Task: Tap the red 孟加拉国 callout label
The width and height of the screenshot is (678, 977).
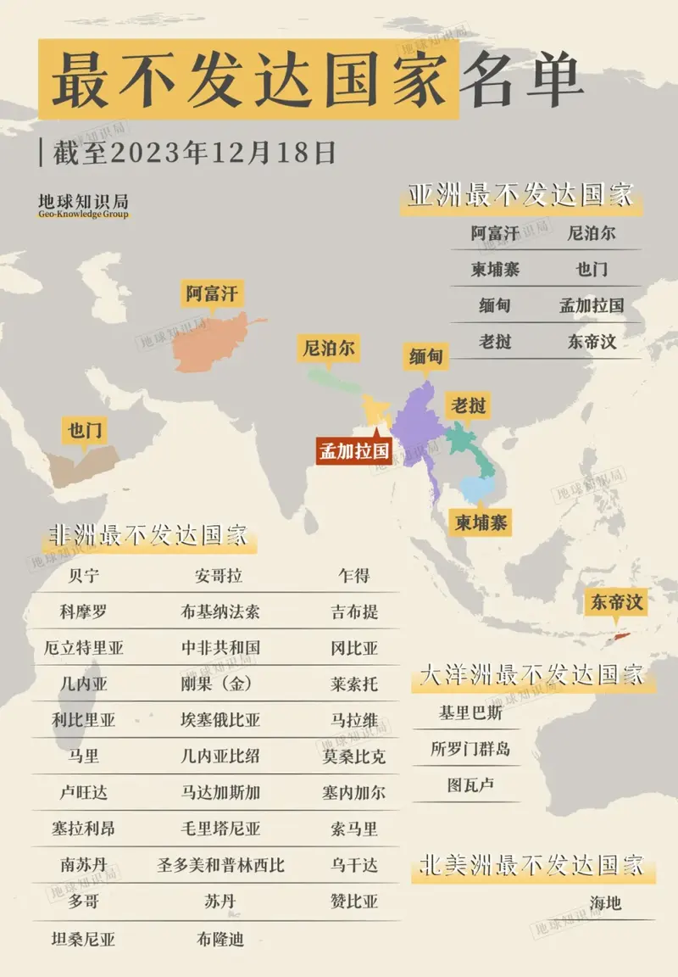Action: pyautogui.click(x=353, y=450)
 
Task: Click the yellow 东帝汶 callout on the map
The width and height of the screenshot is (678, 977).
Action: pyautogui.click(x=617, y=603)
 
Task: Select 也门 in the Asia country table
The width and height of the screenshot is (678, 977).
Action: pyautogui.click(x=592, y=270)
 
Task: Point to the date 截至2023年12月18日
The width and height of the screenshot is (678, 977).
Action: pyautogui.click(x=194, y=153)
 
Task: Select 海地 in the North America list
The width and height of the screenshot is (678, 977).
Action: pyautogui.click(x=605, y=902)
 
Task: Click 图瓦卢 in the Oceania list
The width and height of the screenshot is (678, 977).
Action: pyautogui.click(x=470, y=785)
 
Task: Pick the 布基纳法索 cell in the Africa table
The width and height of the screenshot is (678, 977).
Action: pyautogui.click(x=220, y=611)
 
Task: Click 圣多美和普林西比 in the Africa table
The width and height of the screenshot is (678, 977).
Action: pyautogui.click(x=220, y=865)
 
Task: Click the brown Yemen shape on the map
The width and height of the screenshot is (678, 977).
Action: pyautogui.click(x=81, y=465)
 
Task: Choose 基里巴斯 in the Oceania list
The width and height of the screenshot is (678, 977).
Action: pyautogui.click(x=470, y=713)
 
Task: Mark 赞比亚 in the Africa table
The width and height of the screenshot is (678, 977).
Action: pyautogui.click(x=354, y=901)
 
